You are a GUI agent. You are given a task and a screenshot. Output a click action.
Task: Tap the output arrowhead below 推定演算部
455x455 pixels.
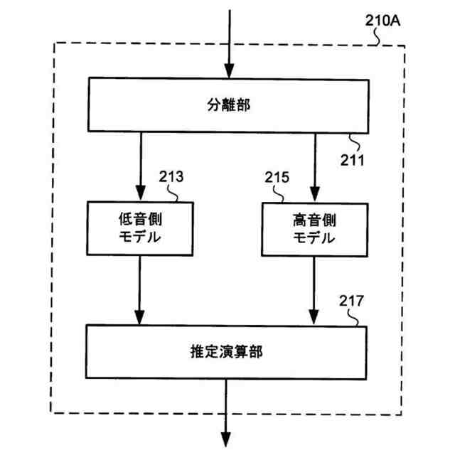(x=228, y=440)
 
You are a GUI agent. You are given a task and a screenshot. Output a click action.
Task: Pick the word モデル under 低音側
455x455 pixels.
(x=139, y=237)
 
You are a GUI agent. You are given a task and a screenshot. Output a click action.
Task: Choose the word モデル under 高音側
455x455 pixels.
(x=314, y=237)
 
